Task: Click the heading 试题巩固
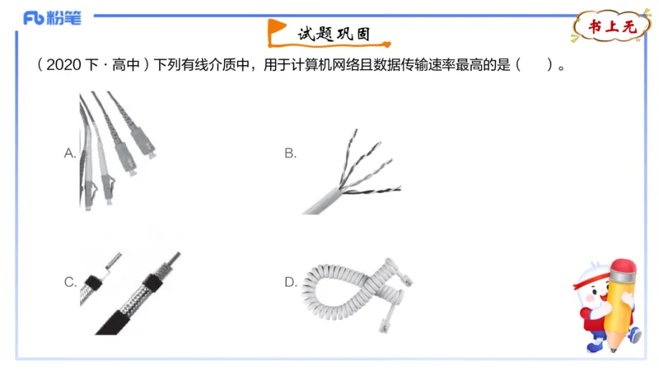[x=334, y=35]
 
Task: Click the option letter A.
[x=70, y=153]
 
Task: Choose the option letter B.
[x=290, y=153]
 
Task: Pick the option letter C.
[x=70, y=282]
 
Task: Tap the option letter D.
[x=290, y=282]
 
